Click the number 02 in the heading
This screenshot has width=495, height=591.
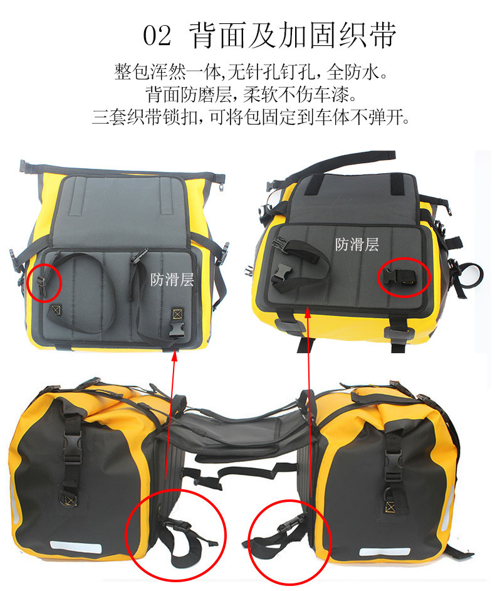click(x=157, y=36)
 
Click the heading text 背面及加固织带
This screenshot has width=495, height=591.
click(x=293, y=35)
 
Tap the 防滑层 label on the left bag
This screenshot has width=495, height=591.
click(x=172, y=280)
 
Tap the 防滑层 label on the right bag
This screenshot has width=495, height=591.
click(x=357, y=245)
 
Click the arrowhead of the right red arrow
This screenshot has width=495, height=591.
click(x=308, y=311)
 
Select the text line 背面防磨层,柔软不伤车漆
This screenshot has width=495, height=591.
click(x=251, y=95)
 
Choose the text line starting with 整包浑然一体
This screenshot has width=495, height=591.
click(x=251, y=72)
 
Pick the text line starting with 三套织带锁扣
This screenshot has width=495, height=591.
click(x=251, y=117)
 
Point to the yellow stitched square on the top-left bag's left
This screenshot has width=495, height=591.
click(x=56, y=310)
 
